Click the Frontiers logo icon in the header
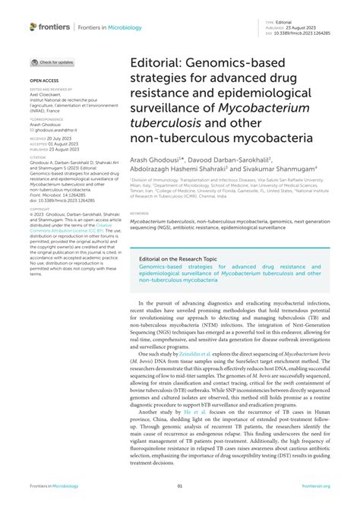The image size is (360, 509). (x=33, y=27)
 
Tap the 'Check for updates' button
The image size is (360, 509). (x=53, y=62)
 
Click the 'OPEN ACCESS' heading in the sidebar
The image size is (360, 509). (x=43, y=80)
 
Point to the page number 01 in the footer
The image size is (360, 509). (x=180, y=486)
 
